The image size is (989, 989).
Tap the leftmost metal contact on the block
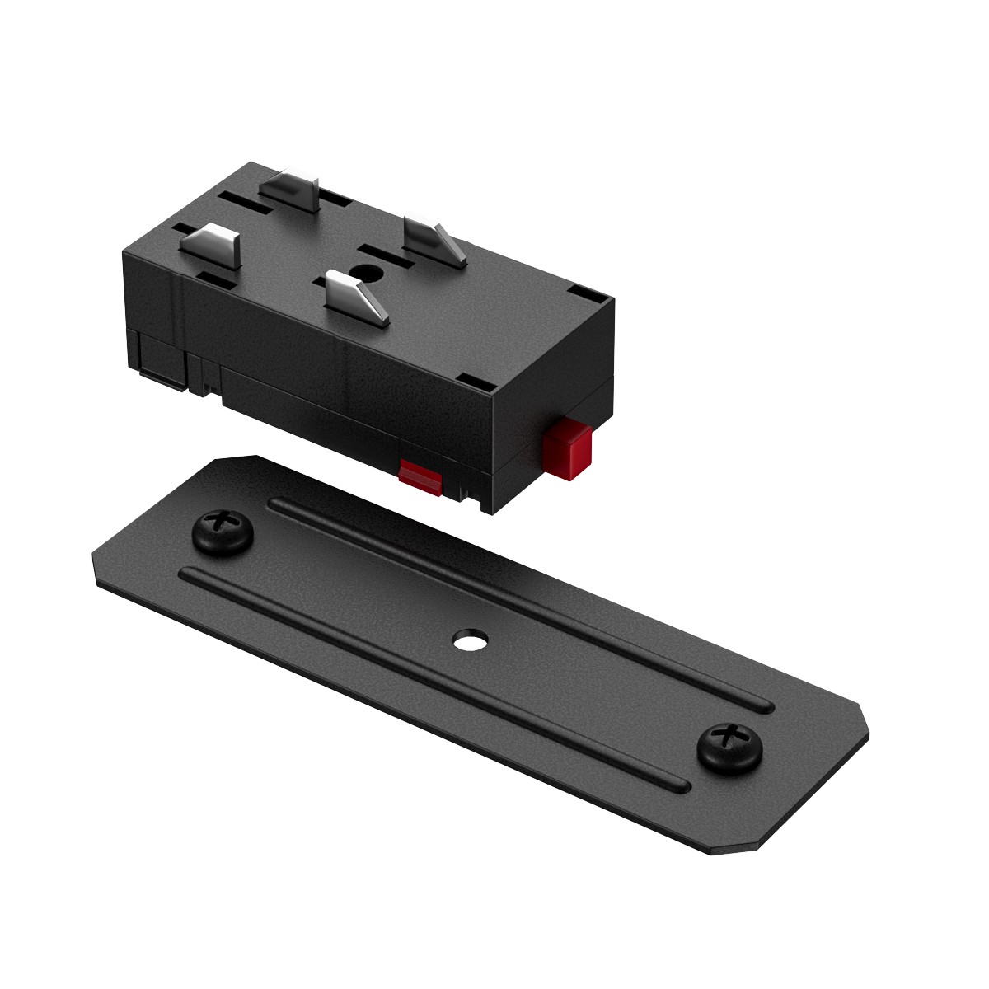211,244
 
